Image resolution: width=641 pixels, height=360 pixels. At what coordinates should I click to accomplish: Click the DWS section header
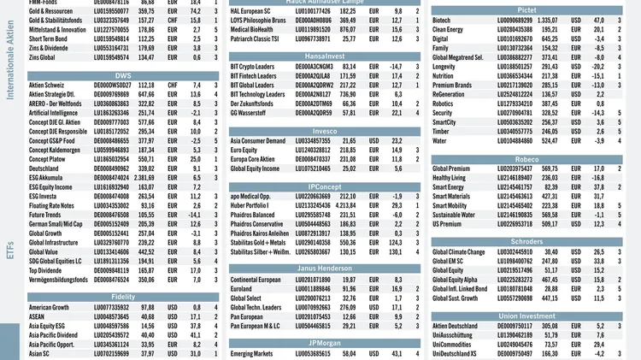122,75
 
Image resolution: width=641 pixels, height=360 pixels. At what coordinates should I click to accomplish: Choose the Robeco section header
526,158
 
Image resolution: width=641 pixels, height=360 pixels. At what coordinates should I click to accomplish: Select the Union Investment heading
526,316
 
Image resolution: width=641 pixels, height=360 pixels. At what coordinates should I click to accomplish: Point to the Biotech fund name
442,20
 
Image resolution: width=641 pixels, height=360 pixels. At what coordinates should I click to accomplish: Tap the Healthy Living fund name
453,178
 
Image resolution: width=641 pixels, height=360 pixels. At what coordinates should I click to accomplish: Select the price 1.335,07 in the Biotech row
544,20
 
